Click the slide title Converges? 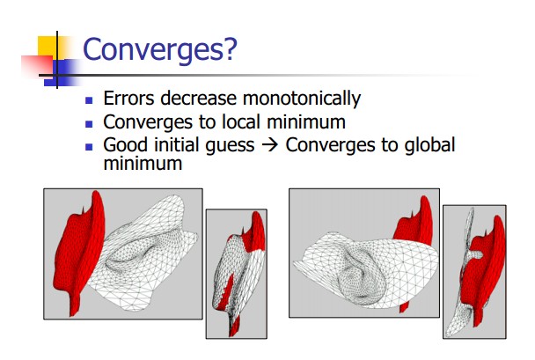(159, 50)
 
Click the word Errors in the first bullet (128, 98)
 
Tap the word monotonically (302, 99)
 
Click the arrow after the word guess (270, 145)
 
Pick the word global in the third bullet (429, 145)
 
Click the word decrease (198, 98)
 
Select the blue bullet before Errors (89, 100)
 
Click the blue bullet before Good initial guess (89, 147)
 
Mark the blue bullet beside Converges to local (89, 123)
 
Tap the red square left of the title (37, 65)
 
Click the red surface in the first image (79, 249)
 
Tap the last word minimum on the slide (143, 164)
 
